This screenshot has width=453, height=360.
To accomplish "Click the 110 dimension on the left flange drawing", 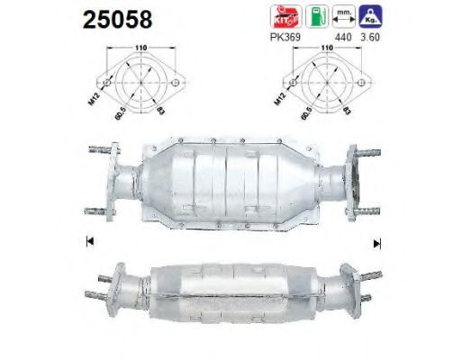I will pyautogui.click(x=139, y=51).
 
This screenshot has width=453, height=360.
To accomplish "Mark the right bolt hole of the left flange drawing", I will pyautogui.click(x=172, y=87).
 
